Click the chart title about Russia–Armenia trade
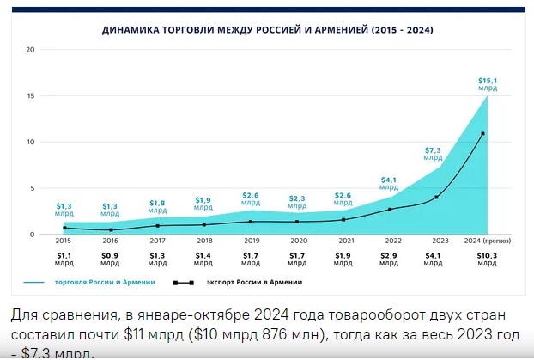pos(267,30)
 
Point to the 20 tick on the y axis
pos(30,49)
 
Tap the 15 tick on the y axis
pos(30,95)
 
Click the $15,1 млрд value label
pos(488,83)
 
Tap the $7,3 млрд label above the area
pos(434,154)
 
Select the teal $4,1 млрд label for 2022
pos(389,182)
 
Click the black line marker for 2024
pos(483,134)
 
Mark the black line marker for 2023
pos(437,198)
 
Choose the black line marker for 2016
pos(111,230)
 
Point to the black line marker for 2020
pos(297,222)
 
